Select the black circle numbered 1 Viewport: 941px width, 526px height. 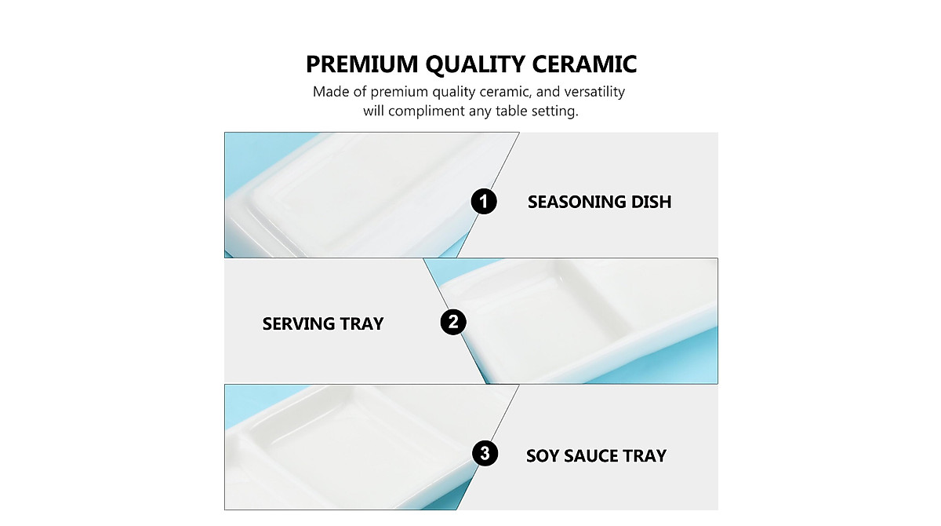coord(483,202)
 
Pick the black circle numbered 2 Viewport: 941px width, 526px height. coord(453,322)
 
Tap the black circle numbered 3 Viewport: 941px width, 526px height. coord(485,453)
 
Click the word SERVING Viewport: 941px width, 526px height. coord(298,323)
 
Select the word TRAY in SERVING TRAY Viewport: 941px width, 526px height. coord(362,323)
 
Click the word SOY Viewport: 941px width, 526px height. coord(543,455)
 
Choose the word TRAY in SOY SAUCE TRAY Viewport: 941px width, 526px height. coord(645,455)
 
